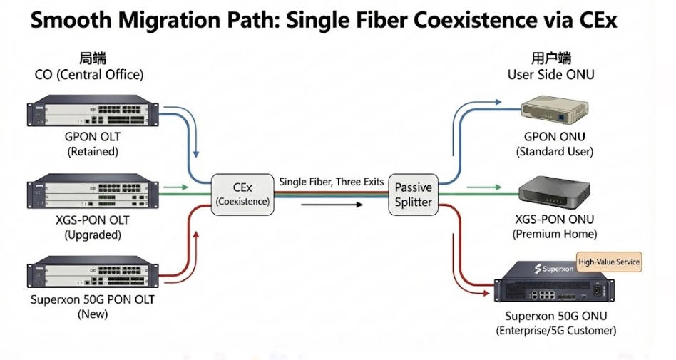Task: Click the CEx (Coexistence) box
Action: click(242, 194)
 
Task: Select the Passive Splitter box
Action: click(414, 195)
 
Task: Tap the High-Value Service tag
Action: click(608, 262)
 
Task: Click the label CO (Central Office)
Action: click(89, 74)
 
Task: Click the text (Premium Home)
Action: click(555, 234)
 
